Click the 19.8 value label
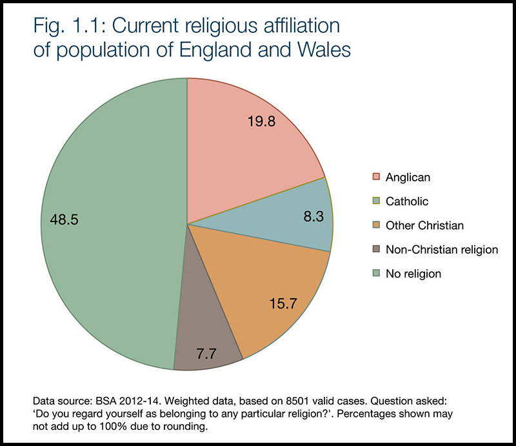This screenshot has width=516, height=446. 262,121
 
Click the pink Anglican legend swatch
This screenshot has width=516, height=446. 375,177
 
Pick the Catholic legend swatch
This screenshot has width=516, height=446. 375,201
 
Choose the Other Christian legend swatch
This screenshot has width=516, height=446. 375,225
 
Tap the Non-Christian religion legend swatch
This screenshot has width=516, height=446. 375,249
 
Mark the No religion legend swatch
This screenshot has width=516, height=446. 375,274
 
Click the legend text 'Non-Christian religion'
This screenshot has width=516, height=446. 442,249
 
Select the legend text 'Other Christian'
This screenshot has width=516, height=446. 424,225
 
